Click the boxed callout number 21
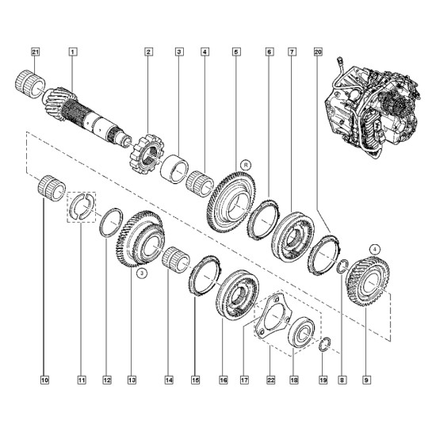(35, 52)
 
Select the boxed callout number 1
(73, 52)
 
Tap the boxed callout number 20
(319, 52)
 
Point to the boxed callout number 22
(271, 380)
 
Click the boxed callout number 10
(44, 380)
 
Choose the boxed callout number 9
(366, 380)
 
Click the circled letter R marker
(246, 165)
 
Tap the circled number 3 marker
(142, 273)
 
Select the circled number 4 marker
(374, 250)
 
